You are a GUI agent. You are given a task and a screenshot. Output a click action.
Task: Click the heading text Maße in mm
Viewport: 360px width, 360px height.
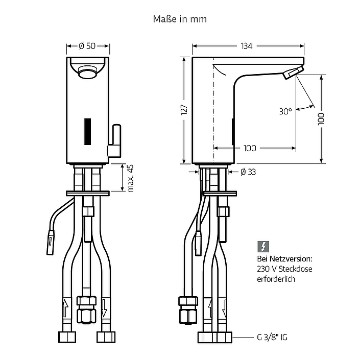pos(180,19)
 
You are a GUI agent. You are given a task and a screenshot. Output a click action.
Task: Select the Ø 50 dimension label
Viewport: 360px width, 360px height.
pos(87,46)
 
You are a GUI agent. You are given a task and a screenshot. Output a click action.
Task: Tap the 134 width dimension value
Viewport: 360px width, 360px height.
pos(247,46)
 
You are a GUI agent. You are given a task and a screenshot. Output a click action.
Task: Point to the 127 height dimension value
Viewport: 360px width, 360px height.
pos(184,110)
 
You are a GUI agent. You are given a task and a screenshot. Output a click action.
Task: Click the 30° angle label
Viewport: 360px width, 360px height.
pos(285,112)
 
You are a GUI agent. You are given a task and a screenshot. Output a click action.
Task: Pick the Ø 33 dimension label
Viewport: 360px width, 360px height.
pos(248,172)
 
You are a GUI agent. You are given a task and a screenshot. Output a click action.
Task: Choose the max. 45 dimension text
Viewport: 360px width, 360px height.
pos(130,178)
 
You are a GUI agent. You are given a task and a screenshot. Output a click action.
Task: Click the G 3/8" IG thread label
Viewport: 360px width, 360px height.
pos(272,337)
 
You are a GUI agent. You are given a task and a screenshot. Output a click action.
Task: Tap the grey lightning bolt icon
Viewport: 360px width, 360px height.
pos(263,247)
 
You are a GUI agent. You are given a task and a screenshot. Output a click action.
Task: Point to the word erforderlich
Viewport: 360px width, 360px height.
pos(276,279)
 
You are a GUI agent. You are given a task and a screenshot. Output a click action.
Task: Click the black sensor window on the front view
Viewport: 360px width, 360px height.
pos(87,132)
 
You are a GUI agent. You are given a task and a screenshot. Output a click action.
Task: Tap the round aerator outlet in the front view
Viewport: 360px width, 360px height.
pos(87,70)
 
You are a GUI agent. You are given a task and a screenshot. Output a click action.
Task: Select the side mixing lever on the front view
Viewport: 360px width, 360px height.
pos(114,141)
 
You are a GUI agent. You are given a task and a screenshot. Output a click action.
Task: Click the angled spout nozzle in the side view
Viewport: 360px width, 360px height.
pos(294,73)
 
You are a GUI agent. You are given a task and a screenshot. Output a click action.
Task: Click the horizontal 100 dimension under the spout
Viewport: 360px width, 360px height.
pos(250,148)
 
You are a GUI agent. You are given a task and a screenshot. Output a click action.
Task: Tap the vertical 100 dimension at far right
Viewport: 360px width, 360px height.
pos(321,118)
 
